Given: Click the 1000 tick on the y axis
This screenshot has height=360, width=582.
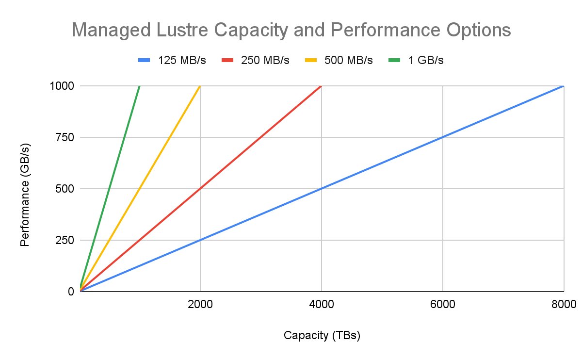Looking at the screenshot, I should [62, 86].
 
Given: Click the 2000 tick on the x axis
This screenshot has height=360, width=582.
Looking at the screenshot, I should [200, 304].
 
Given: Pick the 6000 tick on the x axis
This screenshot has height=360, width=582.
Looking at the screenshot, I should [442, 304].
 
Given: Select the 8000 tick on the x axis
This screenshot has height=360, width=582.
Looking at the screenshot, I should [563, 304].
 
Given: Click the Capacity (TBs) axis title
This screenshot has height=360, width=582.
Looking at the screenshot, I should [322, 336].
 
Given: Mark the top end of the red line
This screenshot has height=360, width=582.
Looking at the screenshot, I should [321, 86].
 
